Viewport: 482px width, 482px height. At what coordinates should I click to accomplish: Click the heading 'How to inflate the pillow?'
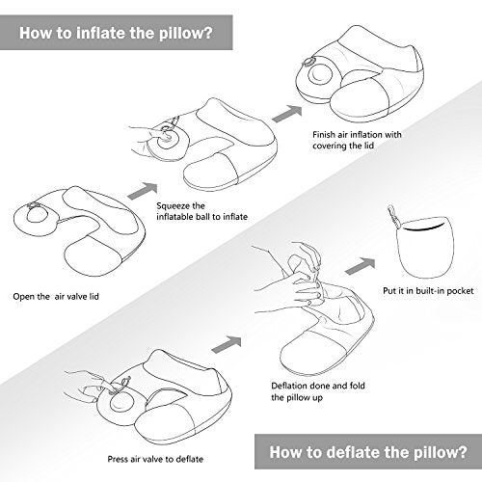116,33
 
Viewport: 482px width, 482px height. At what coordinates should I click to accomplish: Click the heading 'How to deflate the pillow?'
368,452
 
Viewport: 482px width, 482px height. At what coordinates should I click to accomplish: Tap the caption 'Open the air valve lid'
56,296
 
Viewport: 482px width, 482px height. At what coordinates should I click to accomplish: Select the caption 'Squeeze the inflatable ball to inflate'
201,211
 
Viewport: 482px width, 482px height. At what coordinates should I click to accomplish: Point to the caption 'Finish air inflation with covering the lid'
357,140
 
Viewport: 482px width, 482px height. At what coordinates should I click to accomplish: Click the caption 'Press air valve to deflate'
155,459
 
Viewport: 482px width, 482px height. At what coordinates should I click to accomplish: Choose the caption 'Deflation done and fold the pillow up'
318,391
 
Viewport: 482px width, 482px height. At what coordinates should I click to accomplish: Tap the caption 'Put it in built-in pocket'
428,291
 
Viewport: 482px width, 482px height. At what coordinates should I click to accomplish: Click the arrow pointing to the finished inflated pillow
287,113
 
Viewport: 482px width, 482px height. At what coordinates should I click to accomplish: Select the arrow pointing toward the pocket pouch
360,266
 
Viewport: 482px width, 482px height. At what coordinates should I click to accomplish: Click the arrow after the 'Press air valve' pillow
227,344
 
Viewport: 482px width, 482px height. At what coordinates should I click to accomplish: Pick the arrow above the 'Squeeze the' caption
143,191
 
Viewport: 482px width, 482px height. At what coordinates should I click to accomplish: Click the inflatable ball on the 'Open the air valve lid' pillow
37,214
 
